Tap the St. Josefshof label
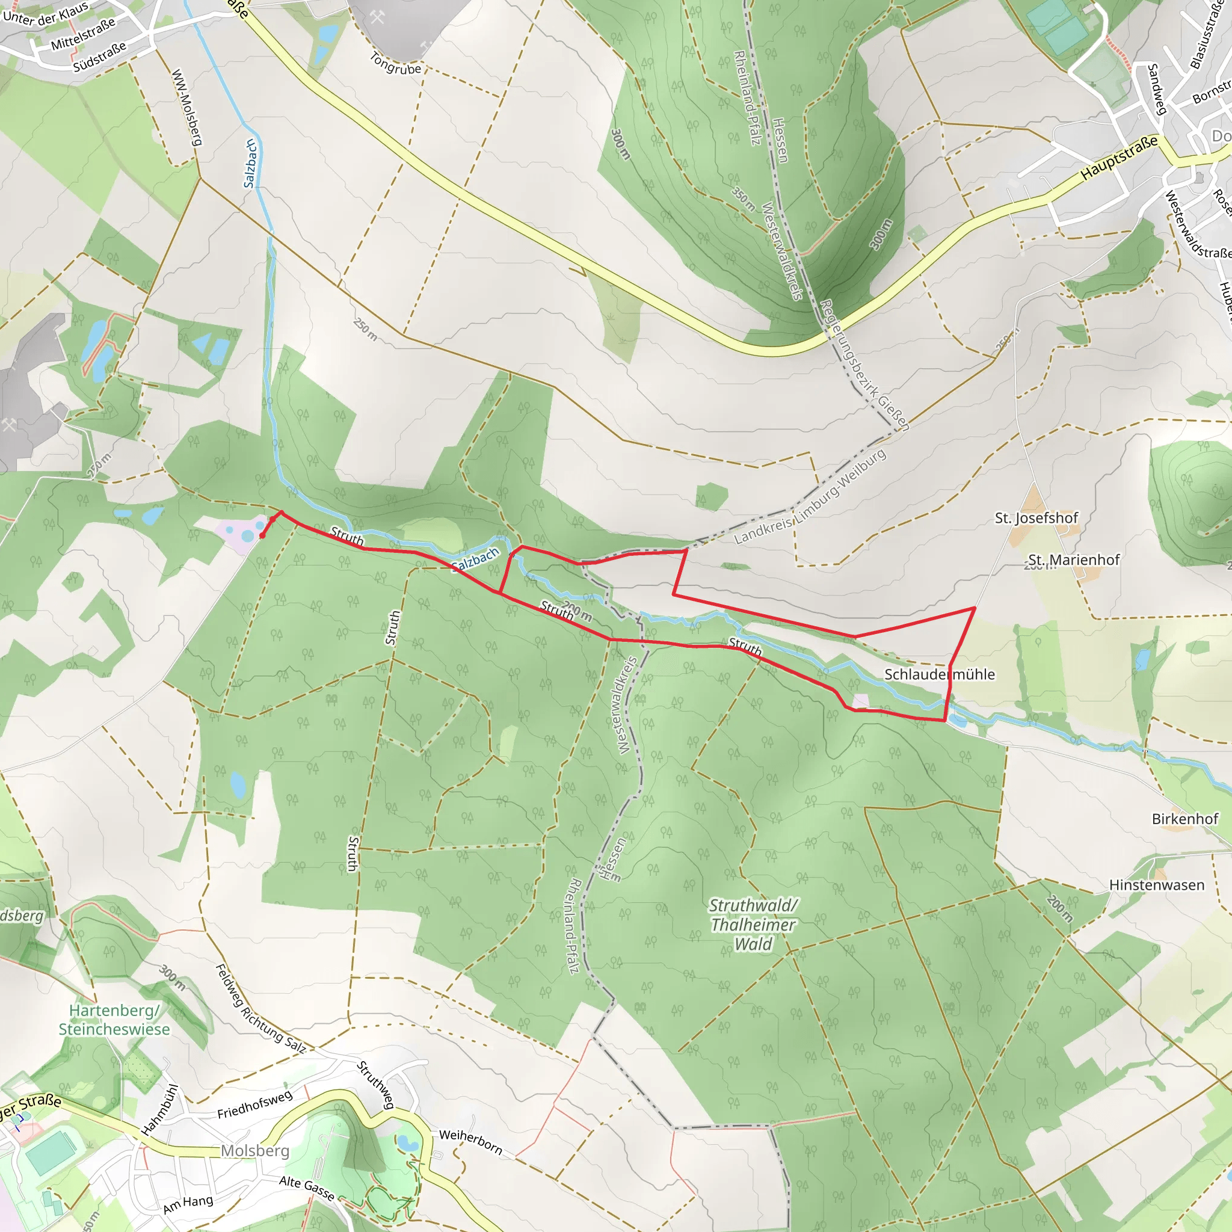click(1036, 518)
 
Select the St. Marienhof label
click(1074, 560)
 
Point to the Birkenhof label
click(1185, 818)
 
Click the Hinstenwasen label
click(1157, 884)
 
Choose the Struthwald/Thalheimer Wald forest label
click(753, 925)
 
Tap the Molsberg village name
click(255, 1150)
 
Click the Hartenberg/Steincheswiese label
click(114, 1020)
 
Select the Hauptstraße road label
click(1119, 158)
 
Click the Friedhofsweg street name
click(255, 1104)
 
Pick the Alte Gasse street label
click(307, 1187)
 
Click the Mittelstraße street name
click(83, 34)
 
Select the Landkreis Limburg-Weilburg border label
click(810, 497)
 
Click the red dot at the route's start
click(262, 535)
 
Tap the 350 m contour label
click(744, 199)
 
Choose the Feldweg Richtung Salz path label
click(260, 1008)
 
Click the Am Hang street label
click(188, 1204)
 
